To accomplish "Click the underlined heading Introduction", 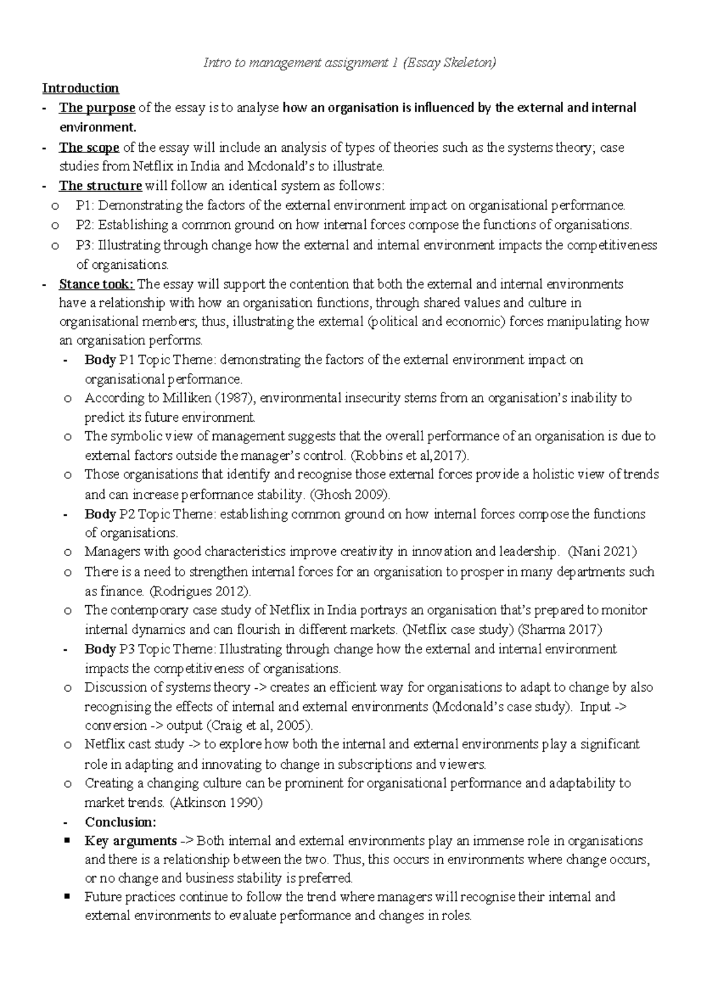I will [80, 88].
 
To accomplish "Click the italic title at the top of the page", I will [349, 63].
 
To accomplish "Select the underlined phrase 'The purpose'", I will [97, 108].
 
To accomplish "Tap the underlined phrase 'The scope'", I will [89, 148].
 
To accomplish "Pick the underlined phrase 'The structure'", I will [100, 186].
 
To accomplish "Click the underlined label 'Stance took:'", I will [96, 285].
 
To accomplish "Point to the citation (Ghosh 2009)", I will [349, 495].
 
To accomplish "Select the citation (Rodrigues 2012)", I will [200, 591].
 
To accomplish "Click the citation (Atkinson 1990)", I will [216, 803].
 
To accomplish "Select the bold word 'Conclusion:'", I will [120, 823].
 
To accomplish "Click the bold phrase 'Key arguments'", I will [131, 841].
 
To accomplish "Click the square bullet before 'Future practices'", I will [68, 896].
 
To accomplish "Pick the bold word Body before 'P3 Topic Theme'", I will [100, 649].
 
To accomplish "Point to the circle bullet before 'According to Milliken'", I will [68, 398].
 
